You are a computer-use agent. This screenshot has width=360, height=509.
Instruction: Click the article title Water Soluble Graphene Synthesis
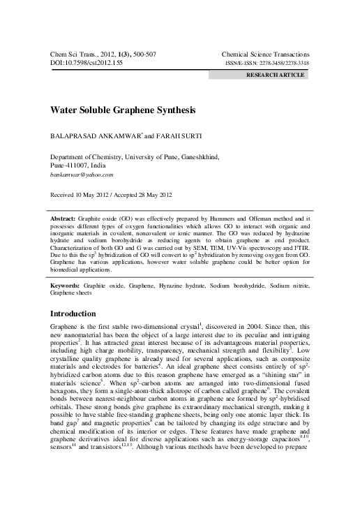pyautogui.click(x=123, y=110)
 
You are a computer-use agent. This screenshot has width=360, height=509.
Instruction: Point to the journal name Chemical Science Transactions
pyautogui.click(x=265, y=54)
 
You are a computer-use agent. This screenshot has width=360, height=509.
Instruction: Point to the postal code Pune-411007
pyautogui.click(x=73, y=165)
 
